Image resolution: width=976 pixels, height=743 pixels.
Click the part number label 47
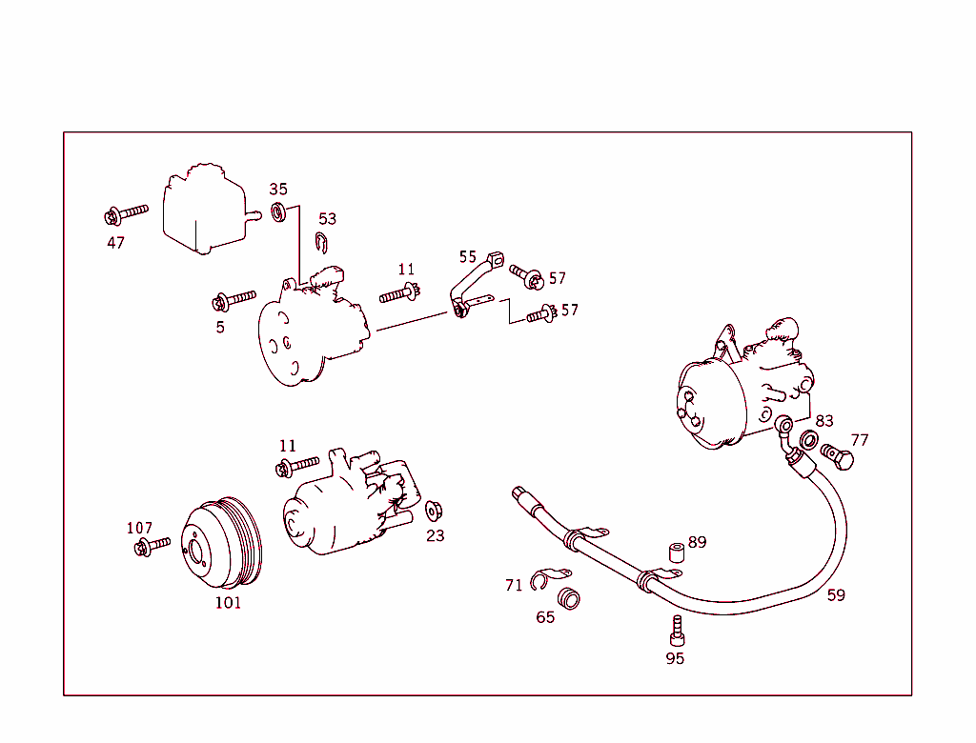(x=115, y=243)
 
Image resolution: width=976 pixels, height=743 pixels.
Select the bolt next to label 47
(x=126, y=212)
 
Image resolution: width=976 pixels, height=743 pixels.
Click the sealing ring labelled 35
(x=279, y=211)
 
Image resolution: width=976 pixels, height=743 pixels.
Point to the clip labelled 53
(x=323, y=244)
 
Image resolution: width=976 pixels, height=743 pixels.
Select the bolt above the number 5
(x=234, y=301)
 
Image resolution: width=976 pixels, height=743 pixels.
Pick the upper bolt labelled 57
(x=526, y=276)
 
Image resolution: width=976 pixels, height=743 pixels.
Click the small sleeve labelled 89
(x=677, y=552)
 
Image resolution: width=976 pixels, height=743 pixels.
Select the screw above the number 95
(x=677, y=630)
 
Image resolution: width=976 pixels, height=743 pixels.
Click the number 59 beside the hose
(x=836, y=595)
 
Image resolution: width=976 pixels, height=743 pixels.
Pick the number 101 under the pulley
(x=228, y=602)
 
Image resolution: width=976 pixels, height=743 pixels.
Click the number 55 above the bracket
(x=467, y=256)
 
